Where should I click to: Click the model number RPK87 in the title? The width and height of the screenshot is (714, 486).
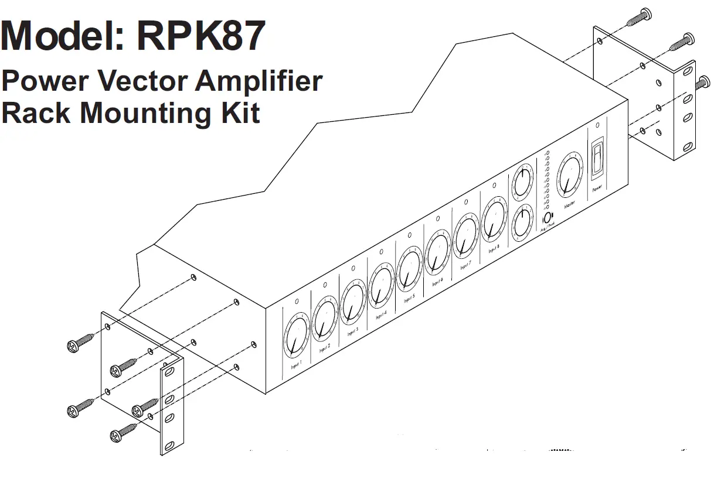click(x=201, y=36)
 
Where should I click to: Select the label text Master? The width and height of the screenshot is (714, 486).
click(x=569, y=206)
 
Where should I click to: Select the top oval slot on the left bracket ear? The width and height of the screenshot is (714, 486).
click(x=169, y=372)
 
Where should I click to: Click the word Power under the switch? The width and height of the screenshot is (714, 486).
click(x=597, y=189)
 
